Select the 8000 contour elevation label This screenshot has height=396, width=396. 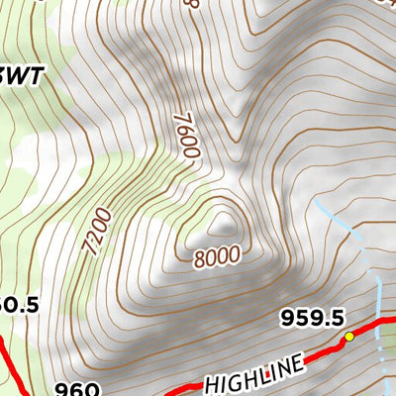click(x=217, y=256)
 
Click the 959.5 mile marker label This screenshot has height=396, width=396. click(x=312, y=317)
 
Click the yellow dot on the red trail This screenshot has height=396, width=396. click(x=348, y=338)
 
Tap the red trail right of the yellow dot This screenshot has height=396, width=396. click(x=374, y=326)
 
